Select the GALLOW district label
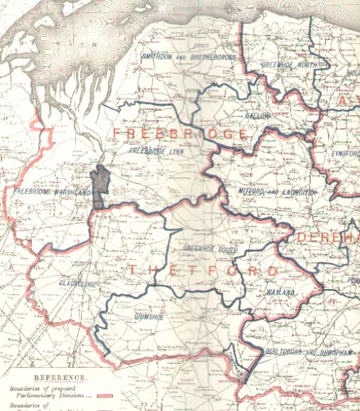point(259,114)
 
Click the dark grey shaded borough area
point(102,187)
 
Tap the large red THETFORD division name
point(203,271)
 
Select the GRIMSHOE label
point(148,317)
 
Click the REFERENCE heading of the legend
point(59,378)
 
